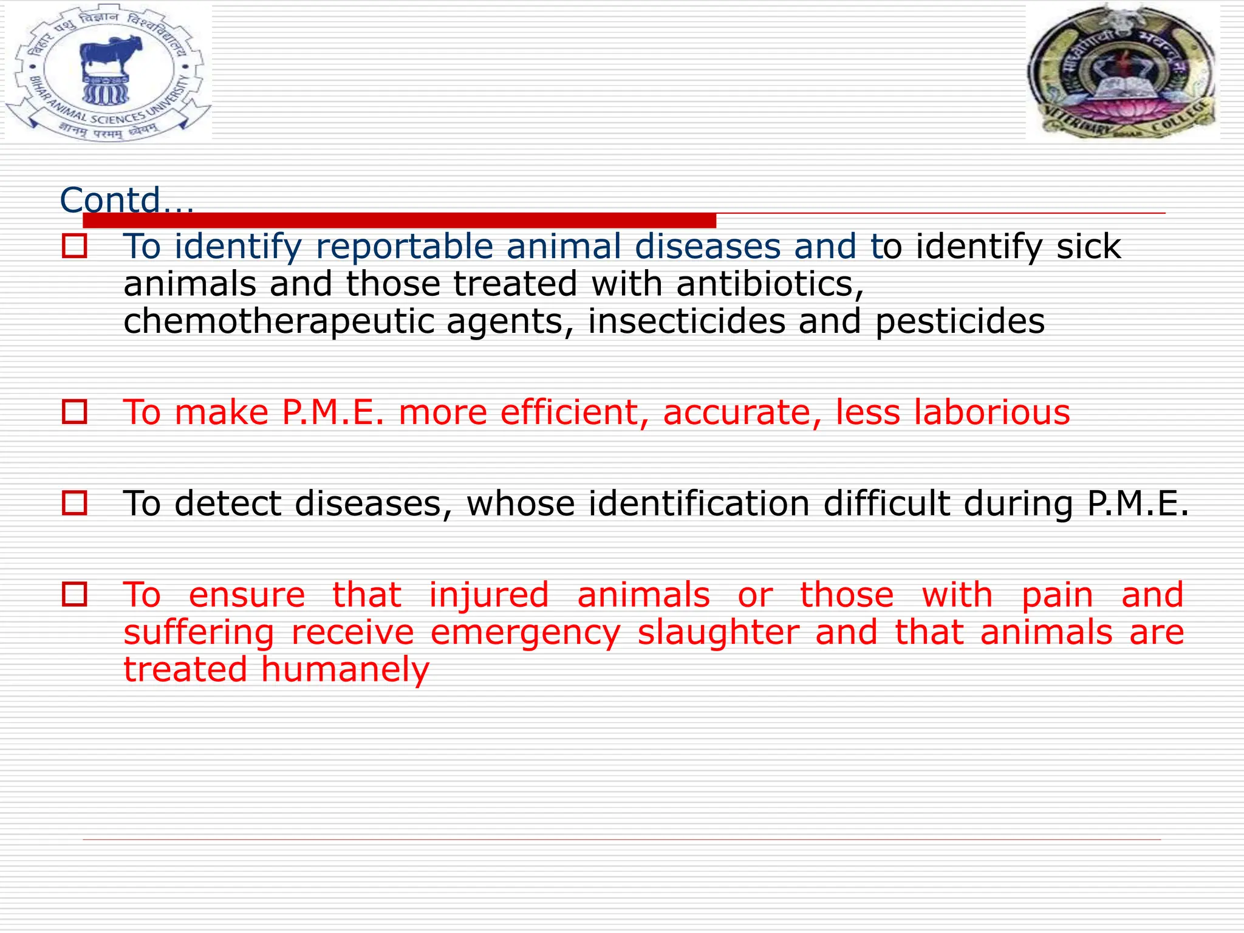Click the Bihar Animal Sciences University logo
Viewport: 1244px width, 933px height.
(x=108, y=72)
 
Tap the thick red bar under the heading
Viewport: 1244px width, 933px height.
(x=399, y=220)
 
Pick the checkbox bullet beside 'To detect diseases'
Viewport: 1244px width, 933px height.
(x=74, y=504)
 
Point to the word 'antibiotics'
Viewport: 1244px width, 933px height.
(x=769, y=284)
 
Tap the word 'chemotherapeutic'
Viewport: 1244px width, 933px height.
(x=278, y=321)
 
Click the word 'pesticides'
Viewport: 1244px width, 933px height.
(x=960, y=321)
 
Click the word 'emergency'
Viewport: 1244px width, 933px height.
(x=525, y=632)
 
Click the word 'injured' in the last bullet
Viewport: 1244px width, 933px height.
(x=488, y=595)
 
